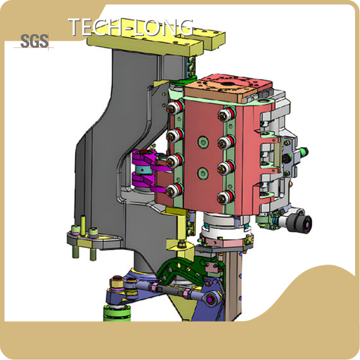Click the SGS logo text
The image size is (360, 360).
pyautogui.click(x=35, y=41)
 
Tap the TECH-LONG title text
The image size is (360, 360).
pyautogui.click(x=130, y=27)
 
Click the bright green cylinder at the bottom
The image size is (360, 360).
pyautogui.click(x=117, y=313)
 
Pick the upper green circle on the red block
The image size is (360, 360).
pyautogui.click(x=203, y=142)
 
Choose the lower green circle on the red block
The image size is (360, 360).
pyautogui.click(x=203, y=173)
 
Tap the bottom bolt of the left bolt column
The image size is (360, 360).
pyautogui.click(x=175, y=189)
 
